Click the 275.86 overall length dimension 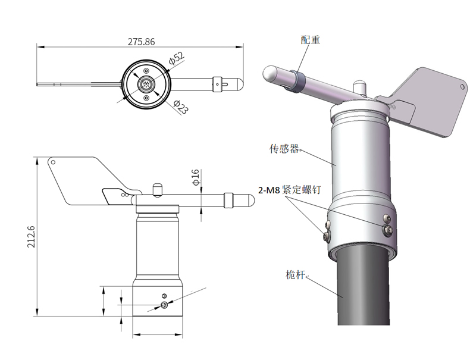click(x=141, y=42)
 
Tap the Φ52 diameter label click(x=177, y=58)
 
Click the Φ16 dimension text click(x=196, y=177)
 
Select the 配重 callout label click(x=310, y=40)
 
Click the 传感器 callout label click(x=283, y=149)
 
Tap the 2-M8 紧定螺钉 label click(x=289, y=190)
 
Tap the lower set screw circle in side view click(x=164, y=305)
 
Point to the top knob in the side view click(x=157, y=189)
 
